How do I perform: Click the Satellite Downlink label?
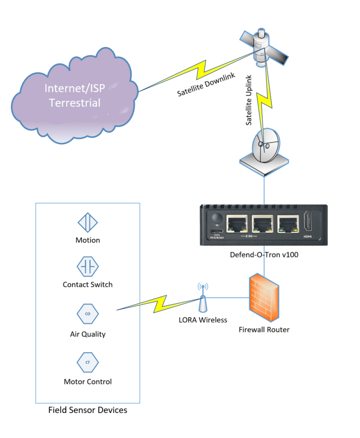point(206,85)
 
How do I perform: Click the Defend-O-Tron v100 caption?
point(264,255)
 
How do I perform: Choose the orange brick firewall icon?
point(264,298)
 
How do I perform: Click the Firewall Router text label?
point(264,330)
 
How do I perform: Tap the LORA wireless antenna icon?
point(203,297)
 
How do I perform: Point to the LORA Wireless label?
point(203,320)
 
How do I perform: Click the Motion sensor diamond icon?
point(87,223)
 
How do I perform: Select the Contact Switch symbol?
point(87,267)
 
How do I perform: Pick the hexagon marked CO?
point(87,314)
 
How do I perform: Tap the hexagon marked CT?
point(87,361)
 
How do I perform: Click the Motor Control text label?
point(87,381)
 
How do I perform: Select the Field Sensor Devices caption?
point(87,410)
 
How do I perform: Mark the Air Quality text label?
point(87,334)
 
